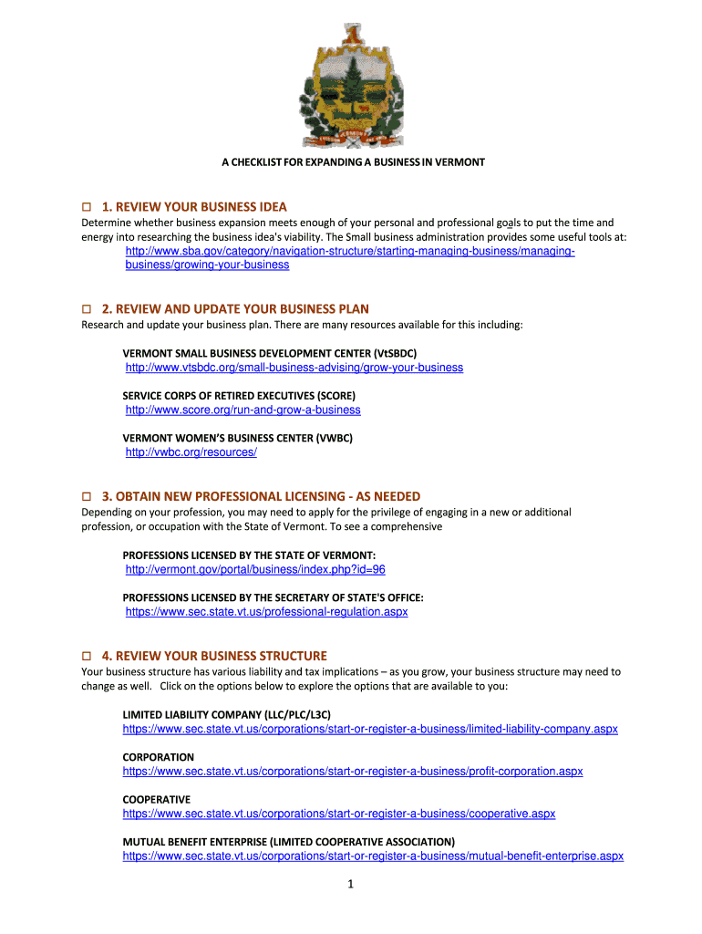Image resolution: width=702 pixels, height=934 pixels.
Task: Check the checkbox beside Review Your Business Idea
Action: coord(88,207)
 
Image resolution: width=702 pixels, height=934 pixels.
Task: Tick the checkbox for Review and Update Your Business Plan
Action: coord(88,309)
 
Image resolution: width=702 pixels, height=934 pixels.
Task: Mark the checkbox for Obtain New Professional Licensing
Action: coord(88,497)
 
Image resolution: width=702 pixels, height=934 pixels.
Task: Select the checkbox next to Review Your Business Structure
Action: coord(88,657)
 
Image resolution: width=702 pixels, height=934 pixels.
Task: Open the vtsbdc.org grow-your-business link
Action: coord(294,368)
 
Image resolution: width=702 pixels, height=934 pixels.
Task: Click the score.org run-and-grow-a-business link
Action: coord(243,410)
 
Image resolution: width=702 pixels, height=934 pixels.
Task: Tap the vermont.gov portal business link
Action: coord(254,569)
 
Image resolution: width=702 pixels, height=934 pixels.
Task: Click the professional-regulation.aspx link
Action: coord(266,612)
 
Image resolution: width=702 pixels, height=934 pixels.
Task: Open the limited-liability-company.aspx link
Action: coord(370,729)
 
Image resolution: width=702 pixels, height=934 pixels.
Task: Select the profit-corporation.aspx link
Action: coord(353,772)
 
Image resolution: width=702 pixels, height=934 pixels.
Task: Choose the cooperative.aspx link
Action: coord(339,814)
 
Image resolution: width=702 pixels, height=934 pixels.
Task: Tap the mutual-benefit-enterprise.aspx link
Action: coord(373,856)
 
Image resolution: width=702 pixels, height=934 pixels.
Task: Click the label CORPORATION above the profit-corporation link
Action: coord(159,757)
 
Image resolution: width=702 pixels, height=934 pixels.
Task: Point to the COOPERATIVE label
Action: coord(157,799)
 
